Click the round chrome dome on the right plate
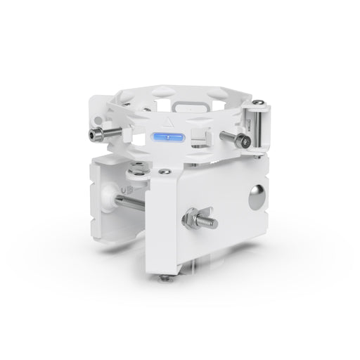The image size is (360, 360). (x=257, y=195)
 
